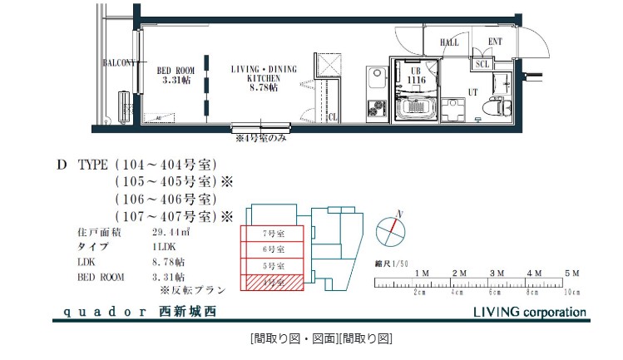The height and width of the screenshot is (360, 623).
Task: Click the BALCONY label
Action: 119,63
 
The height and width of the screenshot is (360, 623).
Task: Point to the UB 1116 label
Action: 416,75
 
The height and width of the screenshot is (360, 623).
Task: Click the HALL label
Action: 449,42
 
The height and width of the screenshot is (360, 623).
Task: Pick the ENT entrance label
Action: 495,42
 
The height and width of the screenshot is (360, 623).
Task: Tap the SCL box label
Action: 482,64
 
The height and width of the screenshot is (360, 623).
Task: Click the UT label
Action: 472,91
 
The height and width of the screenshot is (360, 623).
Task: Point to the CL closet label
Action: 333,117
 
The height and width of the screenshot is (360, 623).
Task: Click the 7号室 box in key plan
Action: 269,234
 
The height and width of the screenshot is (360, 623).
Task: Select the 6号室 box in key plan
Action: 269,249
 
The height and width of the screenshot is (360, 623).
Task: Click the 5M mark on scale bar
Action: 571,274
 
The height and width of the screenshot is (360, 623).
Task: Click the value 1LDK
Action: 164,248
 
